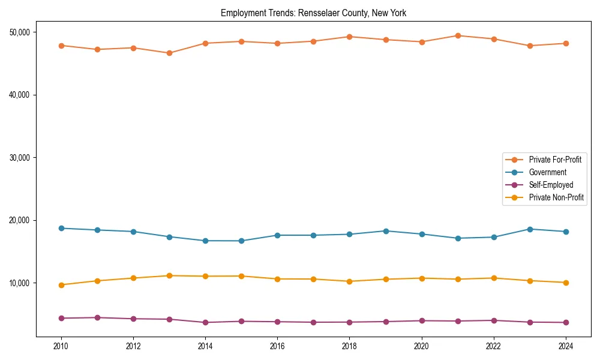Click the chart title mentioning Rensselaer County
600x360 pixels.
[314, 13]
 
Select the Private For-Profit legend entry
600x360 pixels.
[555, 160]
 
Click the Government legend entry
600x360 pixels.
[547, 172]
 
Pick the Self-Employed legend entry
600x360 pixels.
[551, 185]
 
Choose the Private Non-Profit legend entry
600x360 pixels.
[556, 197]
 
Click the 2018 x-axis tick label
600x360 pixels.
[349, 346]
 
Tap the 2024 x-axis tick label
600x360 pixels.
[565, 346]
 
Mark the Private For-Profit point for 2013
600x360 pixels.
[169, 53]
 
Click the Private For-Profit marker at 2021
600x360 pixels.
[457, 35]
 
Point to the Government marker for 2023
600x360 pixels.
[529, 229]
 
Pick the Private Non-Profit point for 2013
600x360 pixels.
[169, 275]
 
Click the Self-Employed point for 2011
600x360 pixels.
[97, 317]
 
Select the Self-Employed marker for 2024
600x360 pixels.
[565, 322]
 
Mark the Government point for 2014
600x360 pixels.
[205, 241]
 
